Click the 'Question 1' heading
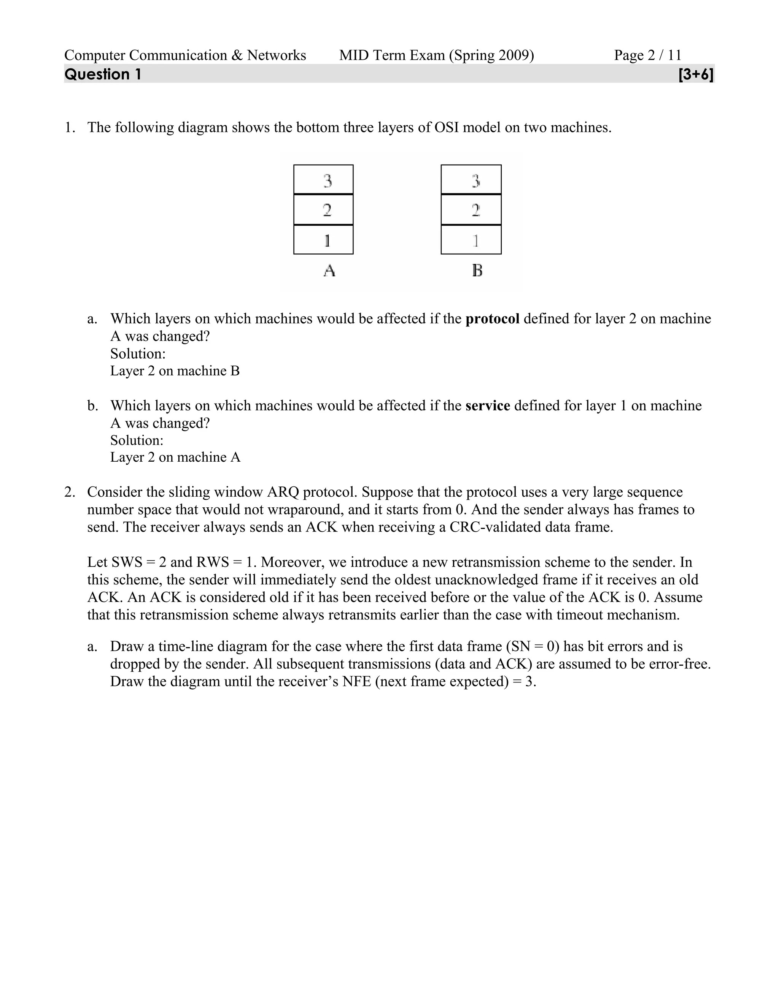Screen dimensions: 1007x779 point(103,74)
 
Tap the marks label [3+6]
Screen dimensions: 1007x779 point(696,74)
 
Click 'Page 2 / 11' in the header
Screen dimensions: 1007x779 point(647,55)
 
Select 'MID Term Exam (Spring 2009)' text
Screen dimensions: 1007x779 point(437,55)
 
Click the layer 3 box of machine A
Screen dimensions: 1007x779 point(324,180)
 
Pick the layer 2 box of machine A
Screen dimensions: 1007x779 point(324,210)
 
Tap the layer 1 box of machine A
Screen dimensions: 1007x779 point(324,240)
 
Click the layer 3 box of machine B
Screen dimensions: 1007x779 point(471,180)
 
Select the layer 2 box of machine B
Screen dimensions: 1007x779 point(471,210)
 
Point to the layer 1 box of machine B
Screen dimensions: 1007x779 point(471,240)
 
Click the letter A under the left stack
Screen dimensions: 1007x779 point(329,270)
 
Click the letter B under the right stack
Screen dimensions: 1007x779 point(477,270)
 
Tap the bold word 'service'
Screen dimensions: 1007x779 point(488,406)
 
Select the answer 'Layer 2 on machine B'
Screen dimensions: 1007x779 point(175,371)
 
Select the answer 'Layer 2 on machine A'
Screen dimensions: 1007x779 point(175,458)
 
